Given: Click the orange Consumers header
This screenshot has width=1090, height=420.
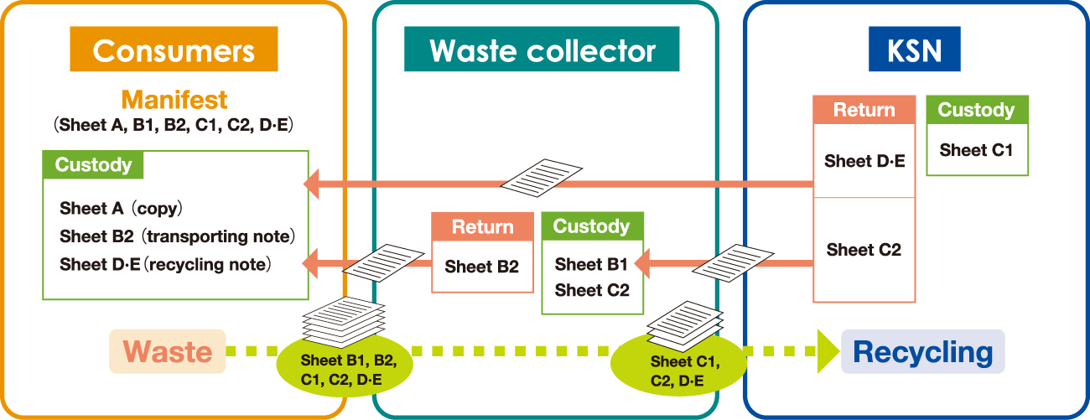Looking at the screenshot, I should pyautogui.click(x=174, y=50).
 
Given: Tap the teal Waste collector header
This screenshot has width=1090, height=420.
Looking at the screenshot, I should pyautogui.click(x=542, y=50).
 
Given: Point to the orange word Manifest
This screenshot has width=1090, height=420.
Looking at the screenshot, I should pyautogui.click(x=174, y=100).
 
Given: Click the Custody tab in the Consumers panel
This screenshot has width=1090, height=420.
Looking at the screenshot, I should pyautogui.click(x=93, y=165).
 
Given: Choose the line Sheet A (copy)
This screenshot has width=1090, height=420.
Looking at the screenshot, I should pyautogui.click(x=121, y=208).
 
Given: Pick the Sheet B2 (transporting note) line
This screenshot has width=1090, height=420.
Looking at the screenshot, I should pyautogui.click(x=177, y=236).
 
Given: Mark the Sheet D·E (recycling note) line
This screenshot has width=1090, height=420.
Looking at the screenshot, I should pyautogui.click(x=166, y=265).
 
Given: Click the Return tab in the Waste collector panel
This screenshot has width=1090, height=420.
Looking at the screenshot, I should pyautogui.click(x=482, y=226).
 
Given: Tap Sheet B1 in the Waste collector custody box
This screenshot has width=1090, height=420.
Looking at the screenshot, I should pyautogui.click(x=591, y=265).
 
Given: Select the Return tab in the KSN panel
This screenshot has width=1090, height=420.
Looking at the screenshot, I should pyautogui.click(x=864, y=110).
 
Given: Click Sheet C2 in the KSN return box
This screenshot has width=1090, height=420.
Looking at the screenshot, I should pyautogui.click(x=864, y=250).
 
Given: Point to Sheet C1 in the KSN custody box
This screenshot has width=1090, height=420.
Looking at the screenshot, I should pyautogui.click(x=976, y=151).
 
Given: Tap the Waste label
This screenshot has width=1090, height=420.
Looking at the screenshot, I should pyautogui.click(x=168, y=351).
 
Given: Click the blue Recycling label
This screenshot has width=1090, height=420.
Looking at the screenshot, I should pyautogui.click(x=922, y=352).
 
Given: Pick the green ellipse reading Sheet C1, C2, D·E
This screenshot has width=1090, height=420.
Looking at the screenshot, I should pyautogui.click(x=678, y=370).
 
